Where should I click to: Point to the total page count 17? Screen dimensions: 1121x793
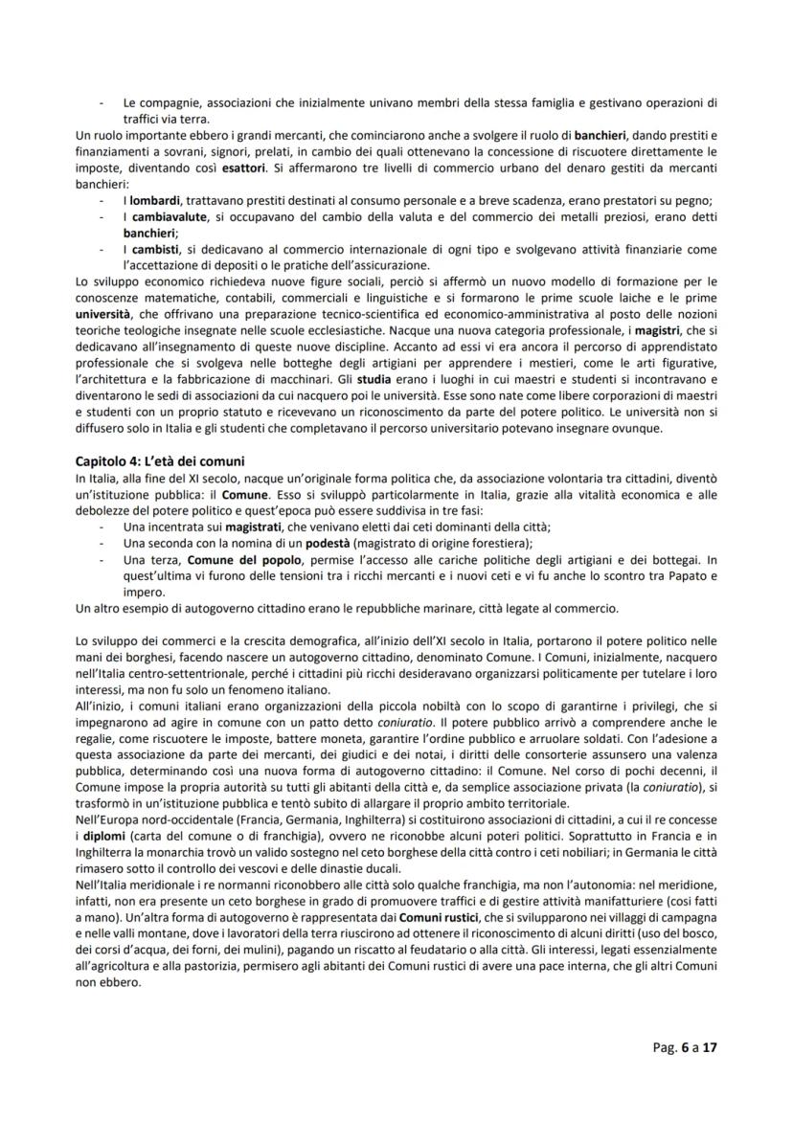click(x=710, y=1048)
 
